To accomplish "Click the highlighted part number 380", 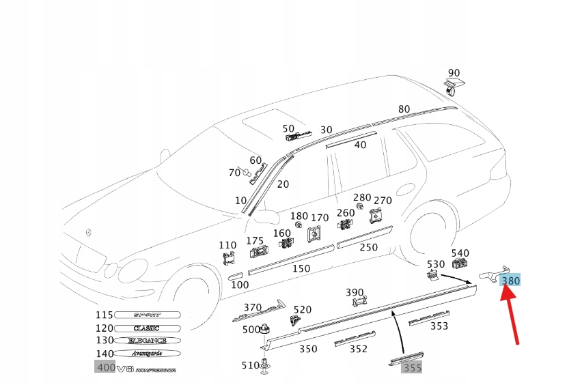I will (x=510, y=280).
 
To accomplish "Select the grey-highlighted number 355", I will (x=412, y=367).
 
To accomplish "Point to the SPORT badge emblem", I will (x=147, y=315).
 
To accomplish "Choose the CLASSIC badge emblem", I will (x=147, y=328).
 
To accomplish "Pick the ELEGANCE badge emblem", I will (x=147, y=340).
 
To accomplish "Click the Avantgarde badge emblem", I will (x=147, y=353).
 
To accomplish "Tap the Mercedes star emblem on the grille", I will (x=88, y=234).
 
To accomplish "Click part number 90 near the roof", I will (x=454, y=73).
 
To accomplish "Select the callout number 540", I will (x=460, y=253).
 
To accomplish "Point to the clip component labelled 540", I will (x=460, y=264).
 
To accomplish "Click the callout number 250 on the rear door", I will (x=368, y=247).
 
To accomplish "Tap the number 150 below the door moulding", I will (x=301, y=268).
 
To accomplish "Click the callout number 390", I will (x=355, y=292).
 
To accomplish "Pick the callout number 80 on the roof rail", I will (x=404, y=109).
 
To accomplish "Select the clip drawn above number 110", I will (x=228, y=259).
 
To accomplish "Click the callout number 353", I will (x=439, y=326).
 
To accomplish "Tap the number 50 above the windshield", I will (x=288, y=128).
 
